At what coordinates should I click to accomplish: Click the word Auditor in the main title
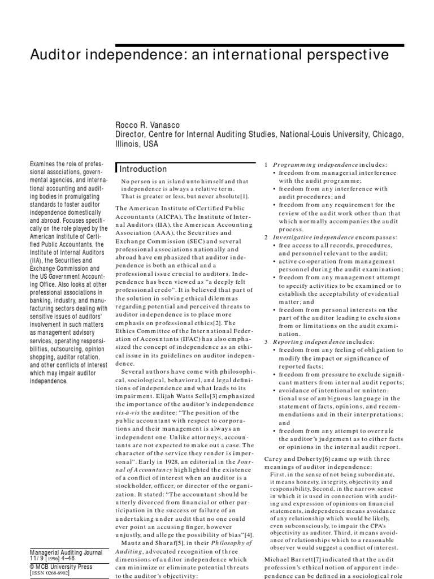click(57, 55)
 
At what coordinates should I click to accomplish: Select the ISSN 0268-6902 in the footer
click(49, 573)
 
